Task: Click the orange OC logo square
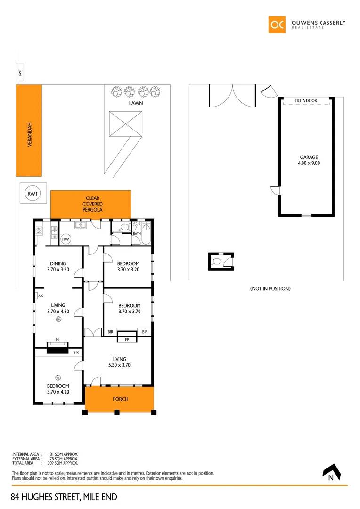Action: (277, 25)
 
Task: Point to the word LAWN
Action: (137, 103)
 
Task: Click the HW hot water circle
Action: (66, 239)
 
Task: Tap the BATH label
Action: (137, 234)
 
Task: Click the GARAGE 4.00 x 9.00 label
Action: (309, 160)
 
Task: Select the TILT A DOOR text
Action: (306, 101)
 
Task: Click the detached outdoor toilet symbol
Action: (218, 261)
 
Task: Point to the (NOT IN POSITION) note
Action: (270, 288)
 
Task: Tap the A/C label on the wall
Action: (41, 296)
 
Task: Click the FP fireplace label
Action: (127, 340)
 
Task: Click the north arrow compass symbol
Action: (334, 471)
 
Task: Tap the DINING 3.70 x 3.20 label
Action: (58, 267)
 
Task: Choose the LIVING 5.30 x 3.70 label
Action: (119, 362)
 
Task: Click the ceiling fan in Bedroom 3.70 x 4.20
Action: (58, 377)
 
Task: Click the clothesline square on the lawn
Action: (126, 124)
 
